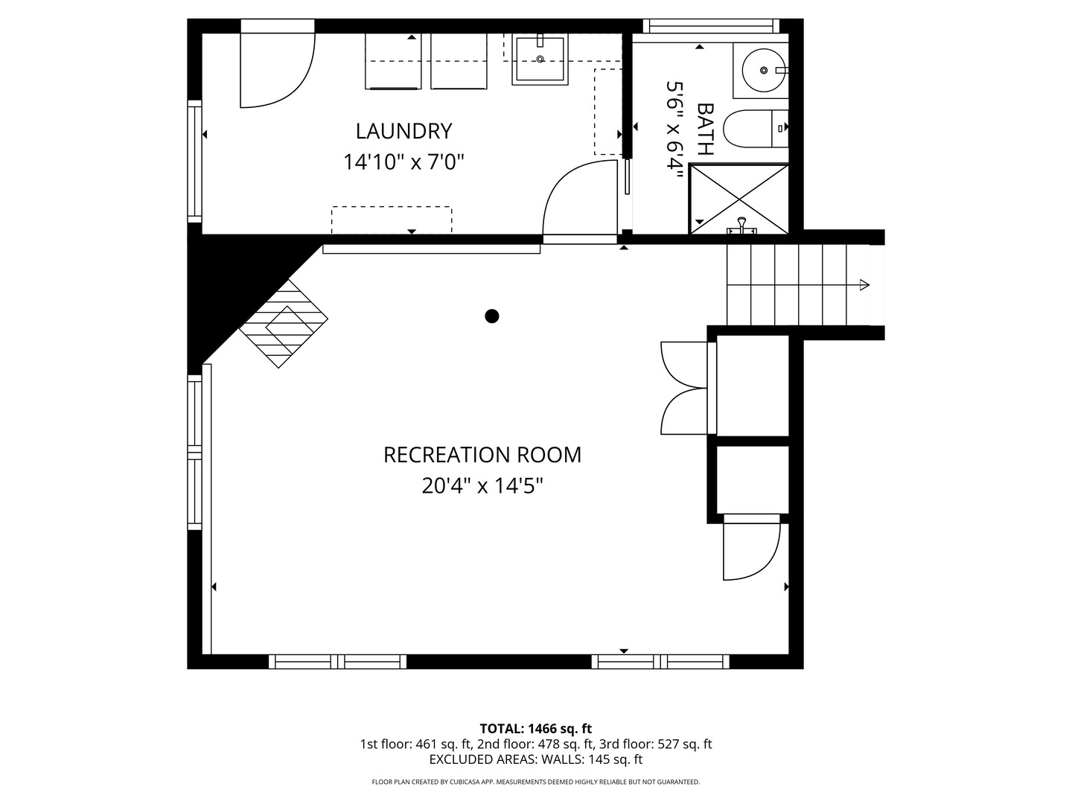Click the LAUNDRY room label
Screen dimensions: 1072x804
403,131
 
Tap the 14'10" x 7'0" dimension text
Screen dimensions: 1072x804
403,162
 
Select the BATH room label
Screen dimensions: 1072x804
705,130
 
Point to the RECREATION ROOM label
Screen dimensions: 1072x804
482,455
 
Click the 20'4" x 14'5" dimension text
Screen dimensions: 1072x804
482,486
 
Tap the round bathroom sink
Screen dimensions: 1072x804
764,70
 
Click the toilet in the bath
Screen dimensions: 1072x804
756,128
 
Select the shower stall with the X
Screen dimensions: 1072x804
738,200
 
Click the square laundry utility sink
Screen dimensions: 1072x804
540,60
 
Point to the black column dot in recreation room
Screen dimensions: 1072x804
492,316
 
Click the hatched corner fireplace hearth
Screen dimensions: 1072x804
284,324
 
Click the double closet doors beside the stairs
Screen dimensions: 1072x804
683,388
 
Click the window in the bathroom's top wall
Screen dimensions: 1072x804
711,26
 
